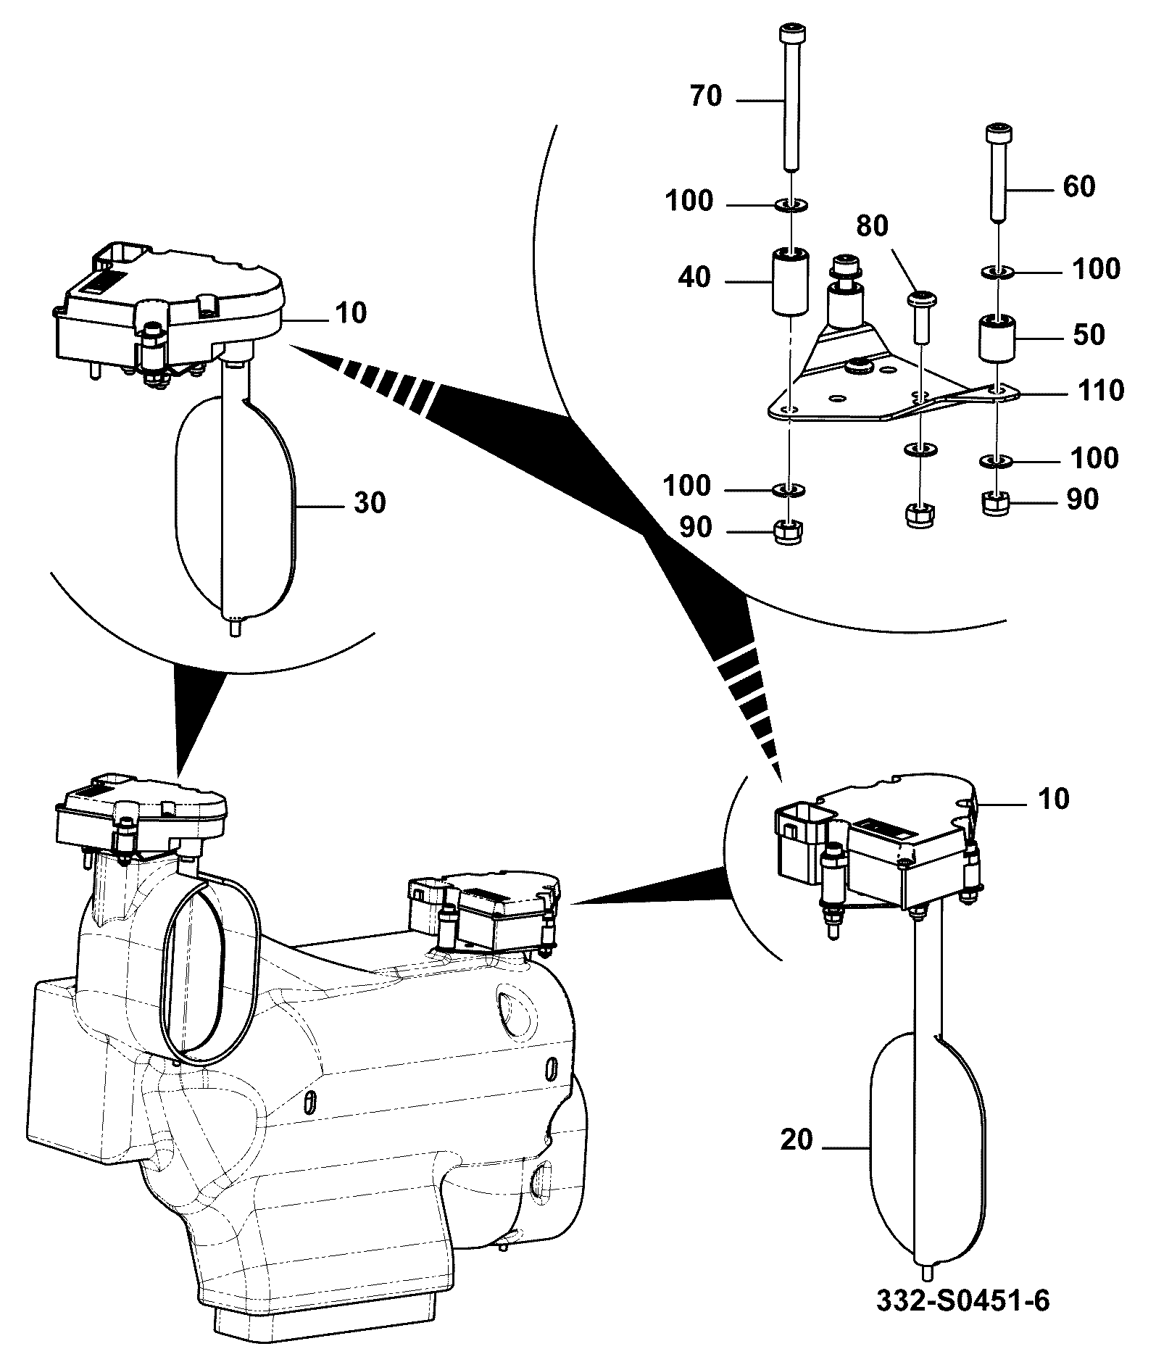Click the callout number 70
(706, 96)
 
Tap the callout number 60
(1078, 186)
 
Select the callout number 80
(872, 226)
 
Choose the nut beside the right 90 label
(998, 502)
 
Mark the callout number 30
(370, 502)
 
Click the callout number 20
(797, 1140)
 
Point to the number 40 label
(695, 277)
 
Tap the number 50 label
(1088, 334)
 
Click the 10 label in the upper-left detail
(351, 313)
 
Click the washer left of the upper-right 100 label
(998, 273)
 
